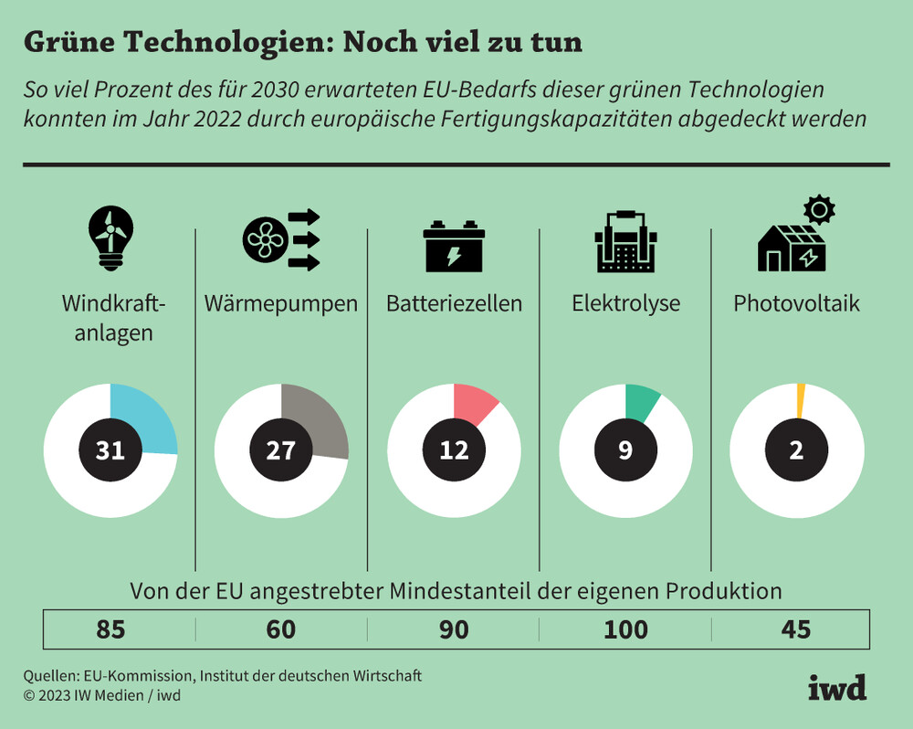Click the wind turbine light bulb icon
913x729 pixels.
pos(110,236)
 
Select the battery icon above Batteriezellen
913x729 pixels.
pos(454,245)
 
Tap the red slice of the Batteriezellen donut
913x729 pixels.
pos(474,403)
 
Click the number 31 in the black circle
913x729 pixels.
pos(110,449)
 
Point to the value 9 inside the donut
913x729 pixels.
pos(625,449)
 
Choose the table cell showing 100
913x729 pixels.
pos(625,630)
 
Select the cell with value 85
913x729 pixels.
pos(110,630)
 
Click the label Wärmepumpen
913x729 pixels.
pos(281,303)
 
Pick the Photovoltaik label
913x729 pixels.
pos(796,303)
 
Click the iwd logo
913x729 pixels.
pos(836,687)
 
